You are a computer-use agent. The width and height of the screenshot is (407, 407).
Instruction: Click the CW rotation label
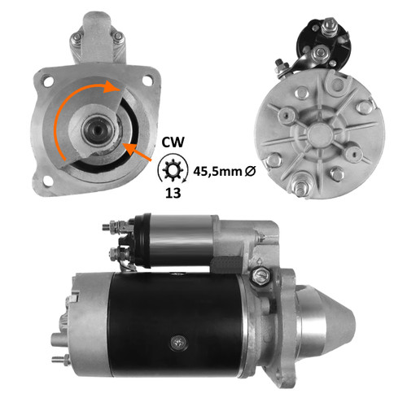click(x=173, y=142)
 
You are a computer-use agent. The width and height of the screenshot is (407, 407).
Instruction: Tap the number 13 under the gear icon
click(x=173, y=193)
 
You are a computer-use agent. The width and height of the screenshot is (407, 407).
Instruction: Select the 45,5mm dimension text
click(x=217, y=172)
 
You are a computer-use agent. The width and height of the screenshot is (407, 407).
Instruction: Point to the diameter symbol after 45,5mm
click(x=250, y=171)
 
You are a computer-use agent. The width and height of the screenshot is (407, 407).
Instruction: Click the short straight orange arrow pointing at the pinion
click(x=137, y=152)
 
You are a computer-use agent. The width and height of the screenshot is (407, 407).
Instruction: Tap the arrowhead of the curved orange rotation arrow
click(x=112, y=86)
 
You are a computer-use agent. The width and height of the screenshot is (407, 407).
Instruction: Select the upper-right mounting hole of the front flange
click(x=147, y=81)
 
